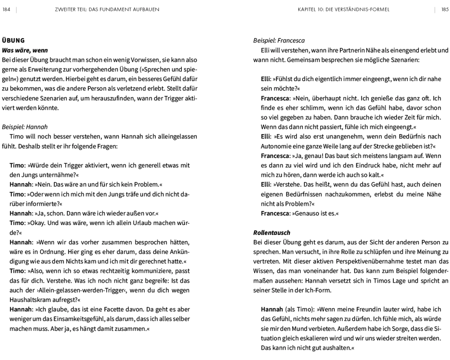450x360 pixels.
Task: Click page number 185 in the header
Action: (445, 9)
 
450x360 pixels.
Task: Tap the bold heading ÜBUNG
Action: (13, 40)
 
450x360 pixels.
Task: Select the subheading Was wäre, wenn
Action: (25, 50)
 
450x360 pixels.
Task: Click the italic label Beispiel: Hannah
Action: (25, 127)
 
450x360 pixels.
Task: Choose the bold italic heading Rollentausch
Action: (272, 233)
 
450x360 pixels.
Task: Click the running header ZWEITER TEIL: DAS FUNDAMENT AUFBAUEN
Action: (107, 9)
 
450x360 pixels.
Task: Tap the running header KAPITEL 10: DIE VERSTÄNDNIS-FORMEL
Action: (344, 9)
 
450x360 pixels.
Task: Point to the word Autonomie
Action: (275, 147)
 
